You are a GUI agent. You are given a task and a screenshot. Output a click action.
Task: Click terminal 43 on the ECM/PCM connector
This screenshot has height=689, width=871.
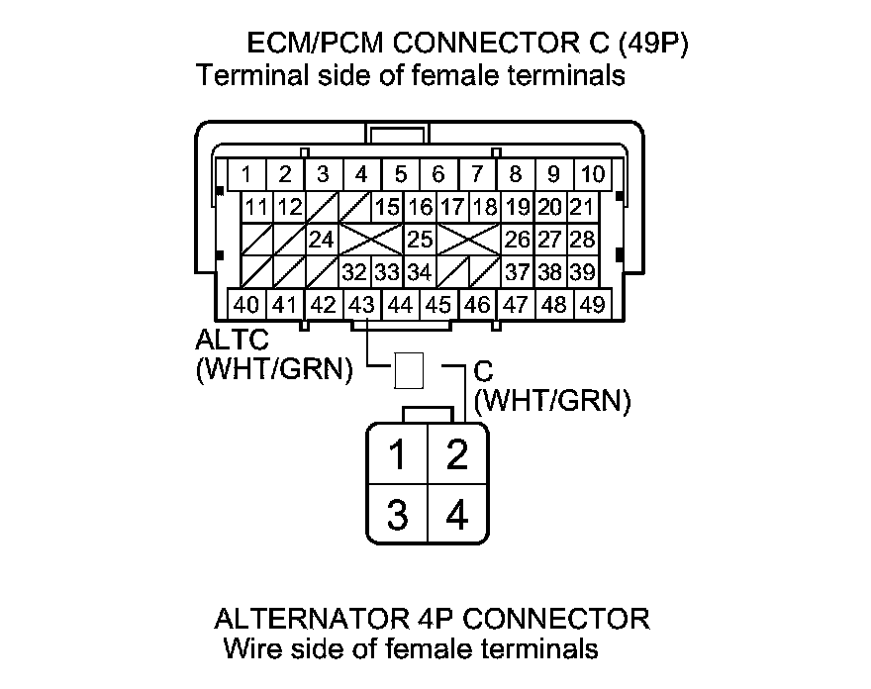(x=362, y=305)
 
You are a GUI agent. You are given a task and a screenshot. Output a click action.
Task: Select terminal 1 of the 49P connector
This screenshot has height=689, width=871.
(x=245, y=175)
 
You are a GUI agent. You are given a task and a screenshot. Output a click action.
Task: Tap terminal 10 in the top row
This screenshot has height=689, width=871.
(x=593, y=175)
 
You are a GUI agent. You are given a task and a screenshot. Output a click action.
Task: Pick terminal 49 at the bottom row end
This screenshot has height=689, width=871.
(x=593, y=305)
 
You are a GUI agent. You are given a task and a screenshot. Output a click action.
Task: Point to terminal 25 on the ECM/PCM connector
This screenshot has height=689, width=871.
(x=420, y=240)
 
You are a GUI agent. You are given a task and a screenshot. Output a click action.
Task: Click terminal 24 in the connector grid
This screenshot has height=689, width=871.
(x=322, y=240)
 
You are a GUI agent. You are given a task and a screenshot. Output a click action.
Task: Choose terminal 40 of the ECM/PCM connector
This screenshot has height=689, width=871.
(x=245, y=305)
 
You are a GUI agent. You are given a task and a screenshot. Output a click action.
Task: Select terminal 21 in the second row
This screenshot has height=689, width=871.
(x=582, y=208)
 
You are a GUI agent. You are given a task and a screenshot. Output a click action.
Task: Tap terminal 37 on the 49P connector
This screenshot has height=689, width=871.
(x=517, y=272)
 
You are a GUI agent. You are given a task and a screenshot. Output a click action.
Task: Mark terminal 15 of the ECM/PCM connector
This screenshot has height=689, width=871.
(x=387, y=208)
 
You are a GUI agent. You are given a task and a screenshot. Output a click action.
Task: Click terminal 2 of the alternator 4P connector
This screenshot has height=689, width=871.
(x=457, y=456)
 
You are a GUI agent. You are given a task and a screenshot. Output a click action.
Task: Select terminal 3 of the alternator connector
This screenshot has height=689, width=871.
(x=397, y=516)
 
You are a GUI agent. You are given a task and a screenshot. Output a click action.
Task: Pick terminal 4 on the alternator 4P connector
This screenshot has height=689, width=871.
(x=457, y=516)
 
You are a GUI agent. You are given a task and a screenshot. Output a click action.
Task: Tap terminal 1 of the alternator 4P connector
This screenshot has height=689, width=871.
(x=397, y=456)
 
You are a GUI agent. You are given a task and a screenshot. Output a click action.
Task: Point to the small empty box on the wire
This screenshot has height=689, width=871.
(x=409, y=371)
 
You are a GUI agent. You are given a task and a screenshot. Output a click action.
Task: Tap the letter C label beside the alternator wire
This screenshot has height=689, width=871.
(x=483, y=373)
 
